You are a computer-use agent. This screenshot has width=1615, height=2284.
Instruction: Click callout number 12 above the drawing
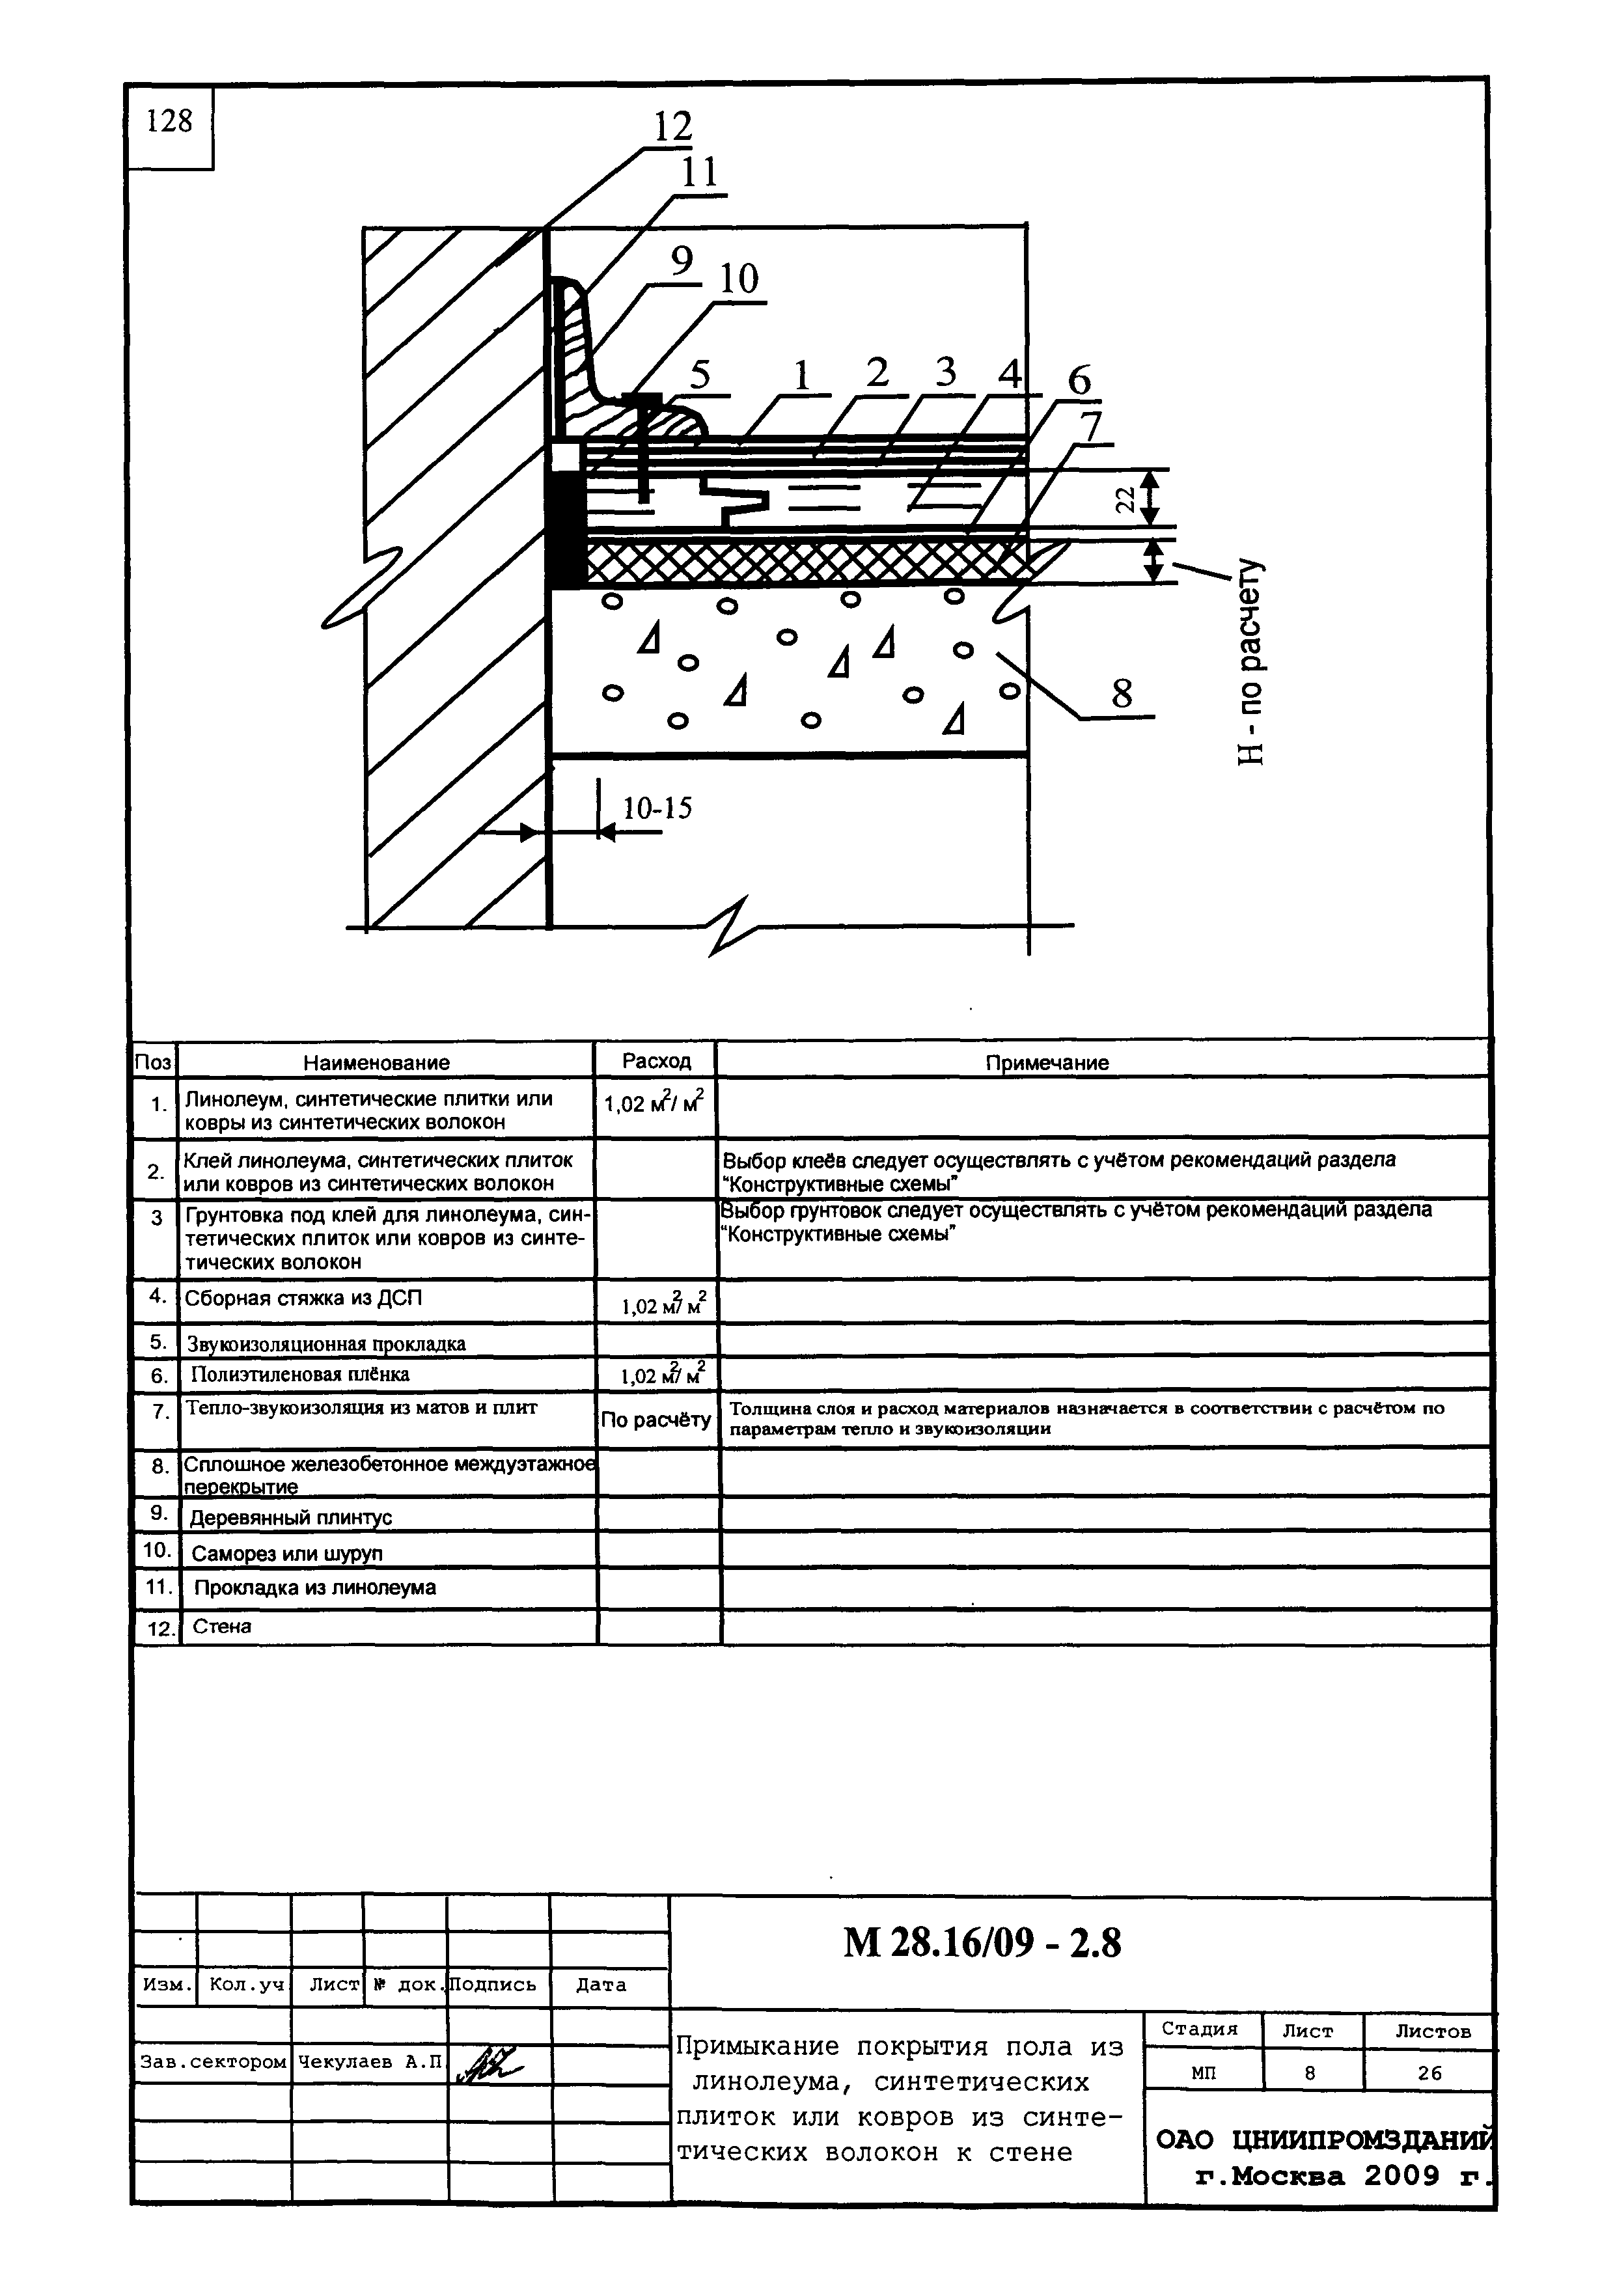[x=672, y=126]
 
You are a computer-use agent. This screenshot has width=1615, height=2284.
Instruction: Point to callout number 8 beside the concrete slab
[x=1122, y=693]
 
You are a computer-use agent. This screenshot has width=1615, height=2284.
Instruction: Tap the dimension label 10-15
[x=657, y=808]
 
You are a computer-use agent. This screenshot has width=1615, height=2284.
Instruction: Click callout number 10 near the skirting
[x=738, y=279]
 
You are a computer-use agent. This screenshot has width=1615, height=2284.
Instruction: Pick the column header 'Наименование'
[x=376, y=1062]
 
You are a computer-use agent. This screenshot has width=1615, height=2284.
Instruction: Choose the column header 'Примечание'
[x=1047, y=1062]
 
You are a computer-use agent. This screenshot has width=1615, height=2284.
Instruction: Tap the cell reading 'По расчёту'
[x=656, y=1420]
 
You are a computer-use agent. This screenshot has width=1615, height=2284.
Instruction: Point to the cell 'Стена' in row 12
[x=222, y=1627]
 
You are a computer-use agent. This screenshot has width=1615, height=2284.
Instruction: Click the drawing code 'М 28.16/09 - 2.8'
[x=982, y=1941]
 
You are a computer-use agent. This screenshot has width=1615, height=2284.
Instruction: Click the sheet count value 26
[x=1429, y=2073]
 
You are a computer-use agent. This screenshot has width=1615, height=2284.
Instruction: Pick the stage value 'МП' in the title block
[x=1203, y=2073]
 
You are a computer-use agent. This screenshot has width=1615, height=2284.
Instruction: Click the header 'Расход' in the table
[x=656, y=1060]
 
